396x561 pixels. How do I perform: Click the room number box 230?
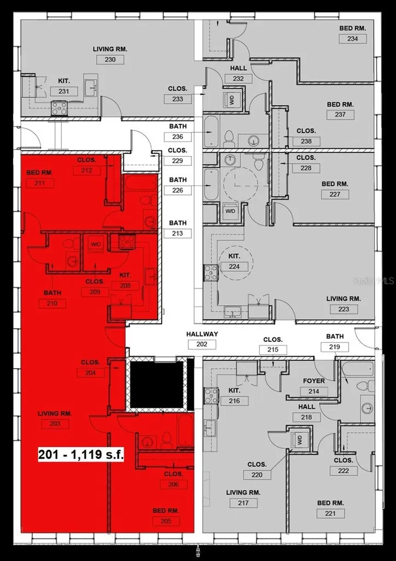click(x=110, y=59)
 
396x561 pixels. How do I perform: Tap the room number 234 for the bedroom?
click(x=352, y=38)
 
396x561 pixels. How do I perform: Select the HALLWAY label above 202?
click(x=202, y=334)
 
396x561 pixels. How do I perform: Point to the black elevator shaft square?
click(x=156, y=383)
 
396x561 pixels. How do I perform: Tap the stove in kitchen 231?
click(x=59, y=108)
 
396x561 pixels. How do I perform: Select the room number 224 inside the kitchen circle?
click(x=234, y=267)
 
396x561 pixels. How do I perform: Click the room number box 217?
click(x=244, y=503)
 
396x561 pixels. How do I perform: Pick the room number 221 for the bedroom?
click(x=331, y=514)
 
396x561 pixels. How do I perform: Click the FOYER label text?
click(x=314, y=381)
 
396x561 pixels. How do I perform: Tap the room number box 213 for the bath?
click(x=177, y=233)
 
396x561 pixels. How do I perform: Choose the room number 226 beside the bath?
click(x=177, y=191)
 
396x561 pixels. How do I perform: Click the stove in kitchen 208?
click(x=127, y=241)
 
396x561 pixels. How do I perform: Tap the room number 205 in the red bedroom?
click(x=167, y=521)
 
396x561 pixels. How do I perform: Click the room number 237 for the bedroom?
click(x=340, y=115)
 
